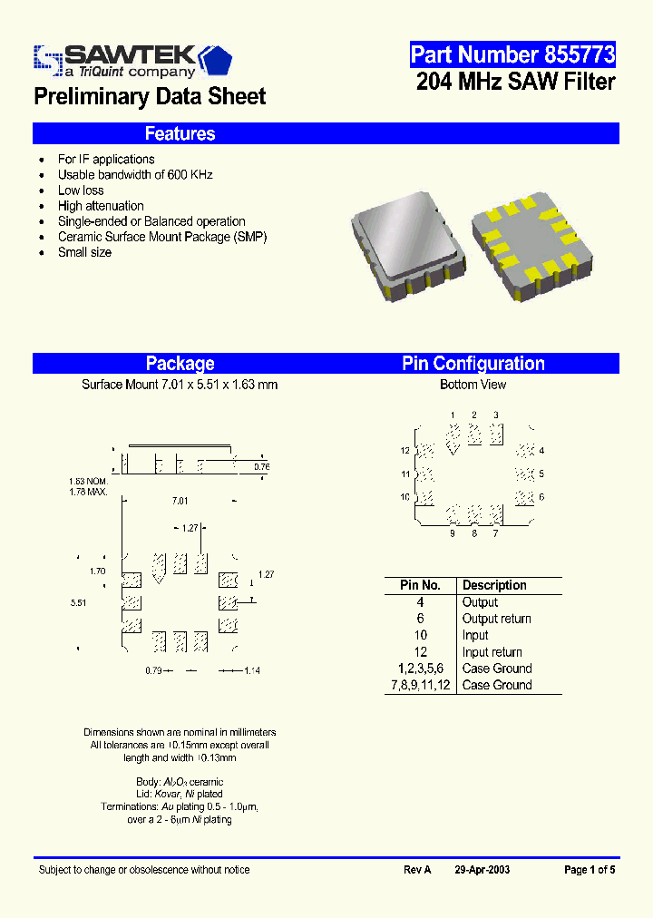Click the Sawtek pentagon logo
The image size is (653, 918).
point(216,60)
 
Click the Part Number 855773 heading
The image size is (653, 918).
point(512,54)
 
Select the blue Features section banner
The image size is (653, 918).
point(326,133)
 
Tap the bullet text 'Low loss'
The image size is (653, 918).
point(81,190)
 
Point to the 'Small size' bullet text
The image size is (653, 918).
point(84,252)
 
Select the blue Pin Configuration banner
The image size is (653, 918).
point(473,364)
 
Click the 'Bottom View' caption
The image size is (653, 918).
point(473,385)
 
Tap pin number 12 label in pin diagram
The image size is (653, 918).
point(404,451)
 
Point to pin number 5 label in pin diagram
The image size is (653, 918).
point(541,474)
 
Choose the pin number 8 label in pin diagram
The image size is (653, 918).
point(473,533)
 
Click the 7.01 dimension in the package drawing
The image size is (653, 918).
point(180,501)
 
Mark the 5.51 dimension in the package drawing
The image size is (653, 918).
point(79,602)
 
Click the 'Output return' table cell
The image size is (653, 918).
point(496,619)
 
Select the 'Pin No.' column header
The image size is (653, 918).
point(420,585)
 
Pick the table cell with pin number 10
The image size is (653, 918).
point(420,635)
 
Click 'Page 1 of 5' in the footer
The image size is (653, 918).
point(590,870)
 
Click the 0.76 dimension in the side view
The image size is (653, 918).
point(261,466)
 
